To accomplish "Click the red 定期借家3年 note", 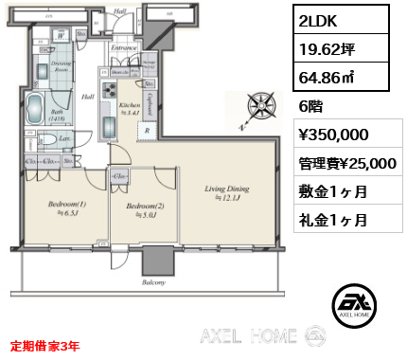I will [44, 346].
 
